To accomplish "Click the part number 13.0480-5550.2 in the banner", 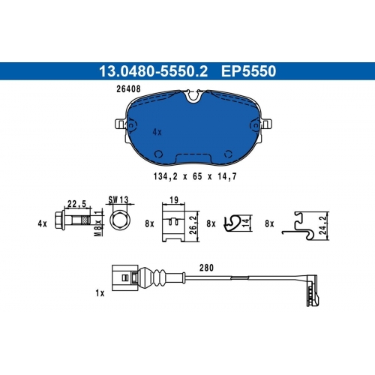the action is pyautogui.click(x=153, y=71).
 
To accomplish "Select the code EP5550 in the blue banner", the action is pyautogui.click(x=248, y=71).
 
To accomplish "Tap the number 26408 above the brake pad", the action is pyautogui.click(x=128, y=88).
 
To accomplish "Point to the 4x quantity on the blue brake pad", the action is pyautogui.click(x=157, y=132).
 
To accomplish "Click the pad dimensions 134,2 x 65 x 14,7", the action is pyautogui.click(x=195, y=176).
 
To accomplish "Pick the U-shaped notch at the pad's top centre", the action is pyautogui.click(x=193, y=97).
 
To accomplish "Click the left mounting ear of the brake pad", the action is pyautogui.click(x=120, y=124).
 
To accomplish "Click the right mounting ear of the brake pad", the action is pyautogui.click(x=266, y=124).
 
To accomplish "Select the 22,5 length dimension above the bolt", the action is pyautogui.click(x=76, y=204).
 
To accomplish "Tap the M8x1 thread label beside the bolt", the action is pyautogui.click(x=99, y=223).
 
